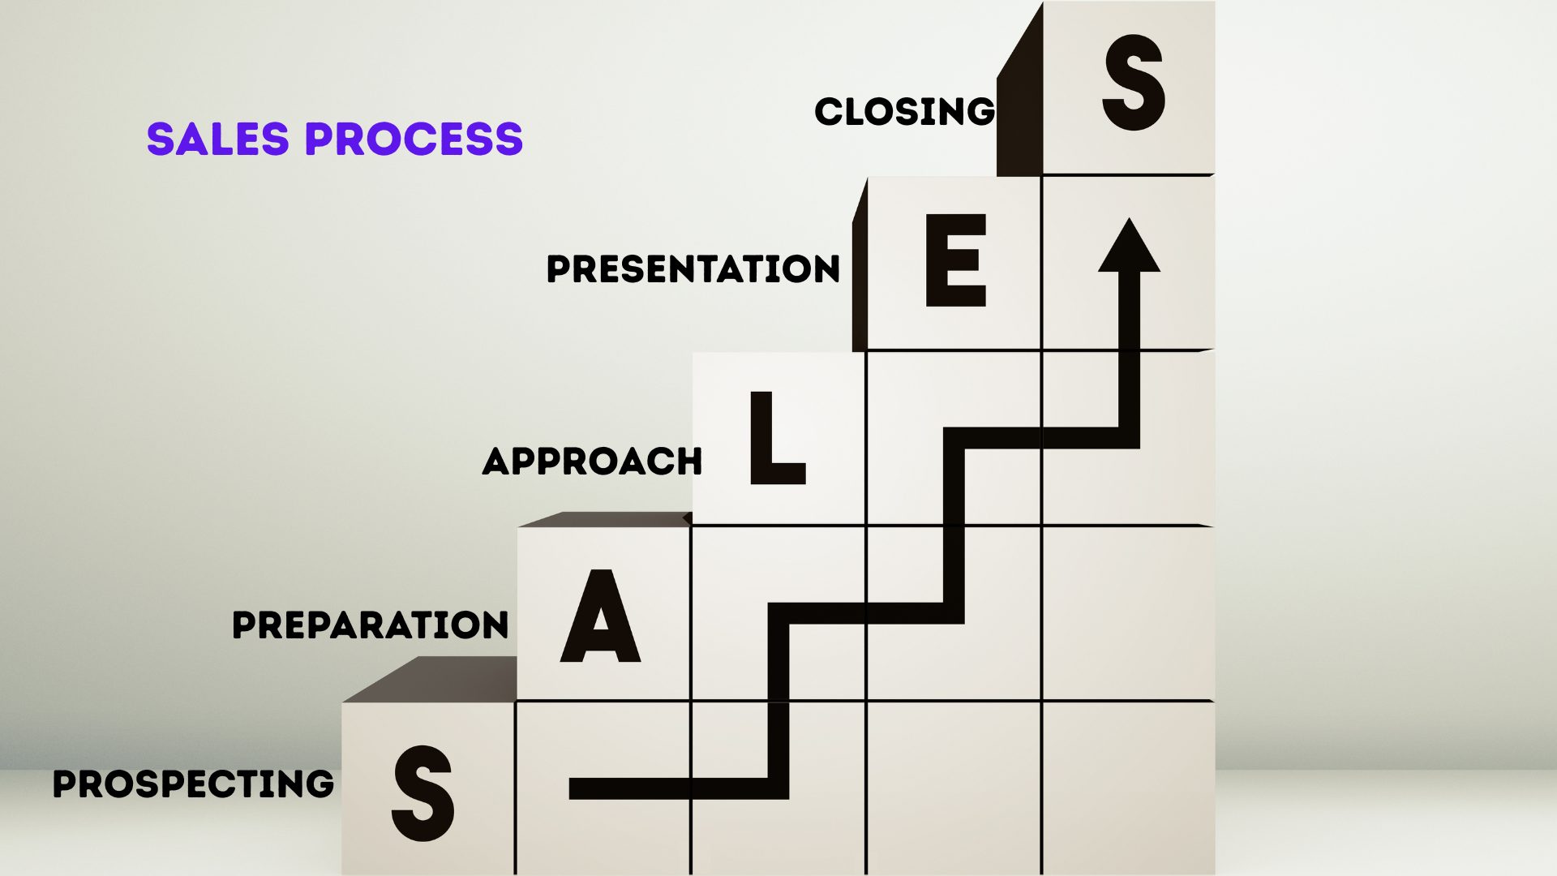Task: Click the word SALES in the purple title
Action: click(217, 139)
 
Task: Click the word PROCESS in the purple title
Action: click(414, 139)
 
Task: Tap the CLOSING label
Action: click(904, 112)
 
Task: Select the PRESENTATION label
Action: click(693, 269)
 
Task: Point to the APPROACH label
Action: click(592, 462)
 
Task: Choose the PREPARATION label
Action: click(371, 625)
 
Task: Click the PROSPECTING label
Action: click(193, 784)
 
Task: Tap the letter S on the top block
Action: click(1133, 83)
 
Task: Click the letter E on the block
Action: click(956, 261)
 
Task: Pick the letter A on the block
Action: click(600, 616)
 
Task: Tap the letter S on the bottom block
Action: click(422, 793)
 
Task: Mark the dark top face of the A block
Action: click(604, 519)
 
